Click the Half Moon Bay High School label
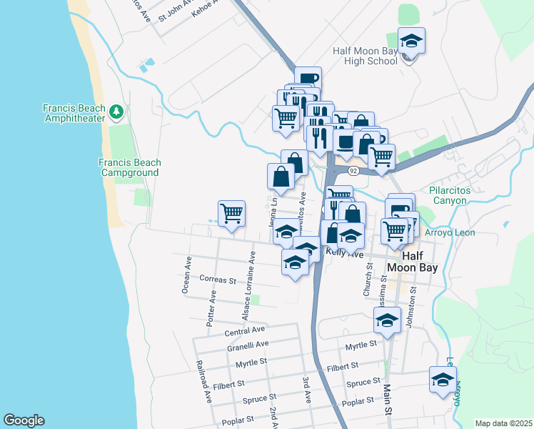pos(365,56)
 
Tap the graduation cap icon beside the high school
pos(411,42)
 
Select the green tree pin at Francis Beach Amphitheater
pos(117,113)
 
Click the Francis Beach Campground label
pos(130,167)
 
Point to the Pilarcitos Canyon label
pos(458,195)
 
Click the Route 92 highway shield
pos(353,171)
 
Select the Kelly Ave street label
pos(345,253)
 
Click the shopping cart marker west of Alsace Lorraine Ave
pos(231,213)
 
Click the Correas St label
pos(218,280)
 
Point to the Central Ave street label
pos(244,331)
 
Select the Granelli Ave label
pos(247,344)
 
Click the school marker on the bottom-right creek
pos(443,380)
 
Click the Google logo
pos(24,420)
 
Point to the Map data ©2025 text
pos(503,423)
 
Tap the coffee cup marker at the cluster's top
pos(308,79)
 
